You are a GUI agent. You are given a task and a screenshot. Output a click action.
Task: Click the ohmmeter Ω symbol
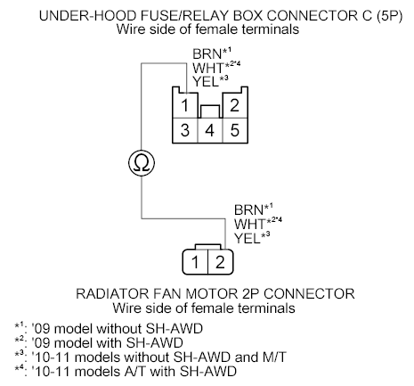142,163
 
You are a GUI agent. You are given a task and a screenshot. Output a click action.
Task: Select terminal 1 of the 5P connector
185,105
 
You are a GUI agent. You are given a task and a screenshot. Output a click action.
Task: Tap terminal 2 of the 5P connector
235,105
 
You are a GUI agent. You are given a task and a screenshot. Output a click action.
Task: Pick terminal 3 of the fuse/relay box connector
185,130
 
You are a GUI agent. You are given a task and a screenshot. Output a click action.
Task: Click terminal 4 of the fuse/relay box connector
210,130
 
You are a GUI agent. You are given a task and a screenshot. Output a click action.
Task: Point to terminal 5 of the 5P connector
235,130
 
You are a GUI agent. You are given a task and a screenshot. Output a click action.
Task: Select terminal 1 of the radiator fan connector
195,262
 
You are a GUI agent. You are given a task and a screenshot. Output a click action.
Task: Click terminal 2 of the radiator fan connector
220,262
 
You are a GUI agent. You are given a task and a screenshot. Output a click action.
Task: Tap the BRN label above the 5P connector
207,54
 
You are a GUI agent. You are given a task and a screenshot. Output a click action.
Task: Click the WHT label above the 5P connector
208,68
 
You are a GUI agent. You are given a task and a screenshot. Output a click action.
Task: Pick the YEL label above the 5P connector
206,82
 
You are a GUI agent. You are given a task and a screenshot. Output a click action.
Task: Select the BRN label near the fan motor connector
248,209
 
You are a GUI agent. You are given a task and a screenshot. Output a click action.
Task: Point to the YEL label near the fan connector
248,238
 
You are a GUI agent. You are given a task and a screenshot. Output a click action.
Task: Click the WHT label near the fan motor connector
249,224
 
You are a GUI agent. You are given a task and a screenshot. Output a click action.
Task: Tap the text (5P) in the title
390,16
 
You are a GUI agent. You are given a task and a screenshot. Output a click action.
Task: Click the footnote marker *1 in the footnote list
19,326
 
